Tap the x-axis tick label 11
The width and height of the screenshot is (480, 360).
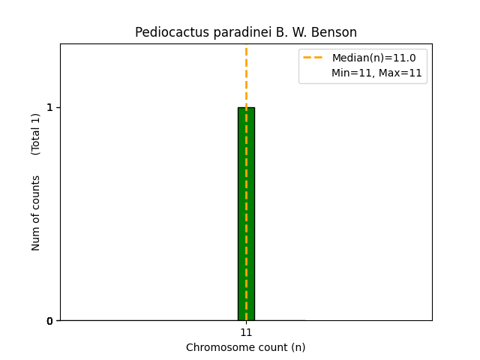point(246,332)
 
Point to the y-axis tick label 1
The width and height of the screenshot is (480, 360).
point(50,107)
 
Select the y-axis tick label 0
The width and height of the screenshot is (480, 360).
point(50,321)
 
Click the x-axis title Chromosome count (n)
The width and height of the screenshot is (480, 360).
point(246,347)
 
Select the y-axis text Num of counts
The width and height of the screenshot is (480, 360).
point(36,213)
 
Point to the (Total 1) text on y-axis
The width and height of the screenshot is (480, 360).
point(36,133)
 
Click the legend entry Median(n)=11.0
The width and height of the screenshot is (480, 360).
point(373,58)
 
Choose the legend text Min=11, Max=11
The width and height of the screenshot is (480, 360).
point(376,73)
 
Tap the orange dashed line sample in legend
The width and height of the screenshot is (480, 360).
point(313,58)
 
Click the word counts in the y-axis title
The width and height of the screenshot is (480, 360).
point(36,193)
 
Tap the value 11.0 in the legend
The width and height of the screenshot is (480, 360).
point(405,58)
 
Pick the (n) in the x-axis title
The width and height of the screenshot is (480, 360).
point(298,347)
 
